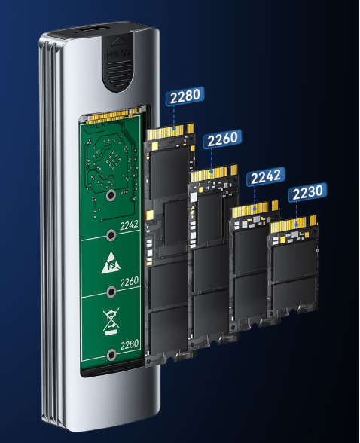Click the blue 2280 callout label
pyautogui.click(x=185, y=96)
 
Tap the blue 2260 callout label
pyautogui.click(x=222, y=139)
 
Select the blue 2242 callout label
pyautogui.click(x=266, y=176)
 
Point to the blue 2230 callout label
pyautogui.click(x=307, y=192)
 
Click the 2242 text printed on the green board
pyautogui.click(x=129, y=225)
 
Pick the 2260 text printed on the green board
pyautogui.click(x=130, y=282)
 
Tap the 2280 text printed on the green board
pyautogui.click(x=130, y=345)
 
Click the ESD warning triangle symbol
pyautogui.click(x=111, y=263)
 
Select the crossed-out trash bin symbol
pyautogui.click(x=111, y=322)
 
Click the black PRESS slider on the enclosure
pyautogui.click(x=117, y=62)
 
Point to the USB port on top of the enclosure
pyautogui.click(x=93, y=29)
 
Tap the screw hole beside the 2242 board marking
pyautogui.click(x=111, y=235)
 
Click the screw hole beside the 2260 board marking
pyautogui.click(x=111, y=292)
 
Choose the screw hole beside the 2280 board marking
pyautogui.click(x=111, y=355)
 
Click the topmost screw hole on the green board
pyautogui.click(x=111, y=196)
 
